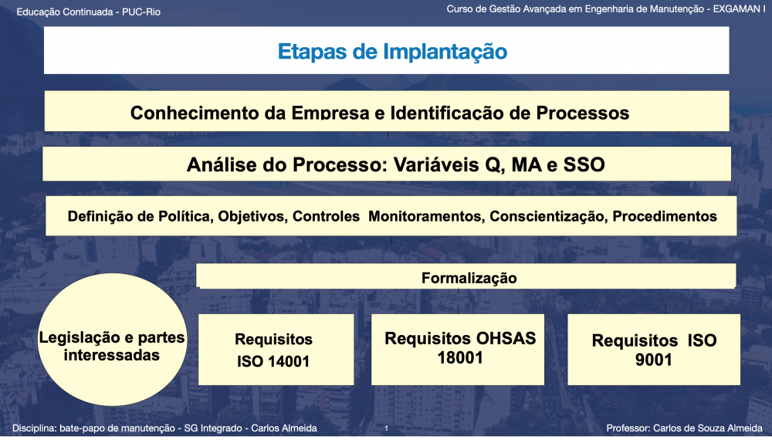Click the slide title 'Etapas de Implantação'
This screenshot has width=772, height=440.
pos(392,52)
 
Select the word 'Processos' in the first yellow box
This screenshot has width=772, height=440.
pos(582,113)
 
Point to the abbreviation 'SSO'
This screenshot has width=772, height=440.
pos(584,164)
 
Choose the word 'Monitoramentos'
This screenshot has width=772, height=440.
pos(425,217)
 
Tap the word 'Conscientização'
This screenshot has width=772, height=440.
pos(548,217)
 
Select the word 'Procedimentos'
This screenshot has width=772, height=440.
pos(665,217)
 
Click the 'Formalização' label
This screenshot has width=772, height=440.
pos(469,278)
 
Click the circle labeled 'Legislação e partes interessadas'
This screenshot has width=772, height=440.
pos(112,340)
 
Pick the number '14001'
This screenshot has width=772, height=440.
pos(287,361)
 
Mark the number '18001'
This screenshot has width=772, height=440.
pos(460,358)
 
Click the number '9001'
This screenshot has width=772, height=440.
pos(653,360)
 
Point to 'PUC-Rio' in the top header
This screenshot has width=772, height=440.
pos(141,12)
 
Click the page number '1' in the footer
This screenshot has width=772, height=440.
pos(387,428)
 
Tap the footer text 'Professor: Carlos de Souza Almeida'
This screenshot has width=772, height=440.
pos(684,428)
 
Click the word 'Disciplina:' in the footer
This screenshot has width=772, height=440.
pos(34,428)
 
